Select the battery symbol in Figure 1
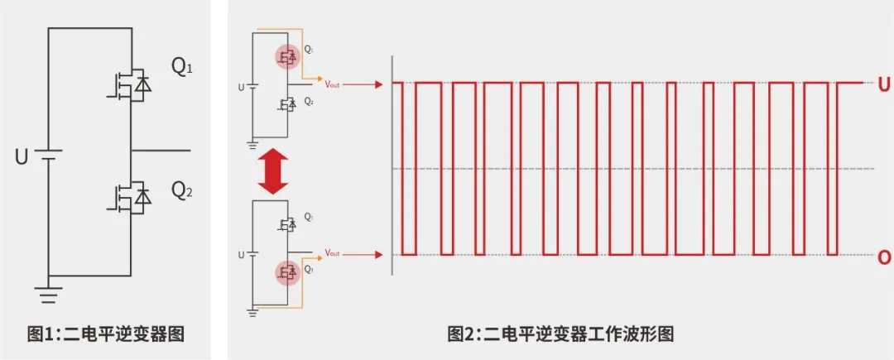pos(49,155)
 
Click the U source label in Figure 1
pos(22,156)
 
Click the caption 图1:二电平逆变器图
pos(105,334)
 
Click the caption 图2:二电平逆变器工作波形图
pos(560,334)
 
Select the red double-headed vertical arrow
pos(272,176)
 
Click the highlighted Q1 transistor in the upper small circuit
pos(287,57)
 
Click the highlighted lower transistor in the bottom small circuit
pos(287,271)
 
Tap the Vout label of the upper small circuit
pos(333,84)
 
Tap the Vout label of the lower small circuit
pos(333,252)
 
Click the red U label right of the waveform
pos(884,84)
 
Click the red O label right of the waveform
pos(884,257)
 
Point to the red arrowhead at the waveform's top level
pos(379,84)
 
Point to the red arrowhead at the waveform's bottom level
pos(379,253)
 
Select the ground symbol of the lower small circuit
pos(252,310)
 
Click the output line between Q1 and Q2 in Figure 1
pos(161,151)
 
